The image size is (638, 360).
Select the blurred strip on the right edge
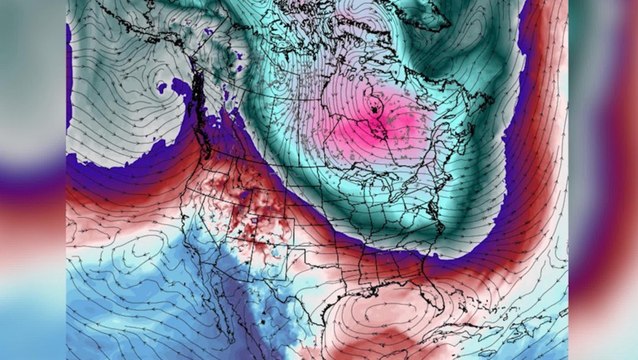tap(604, 180)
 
